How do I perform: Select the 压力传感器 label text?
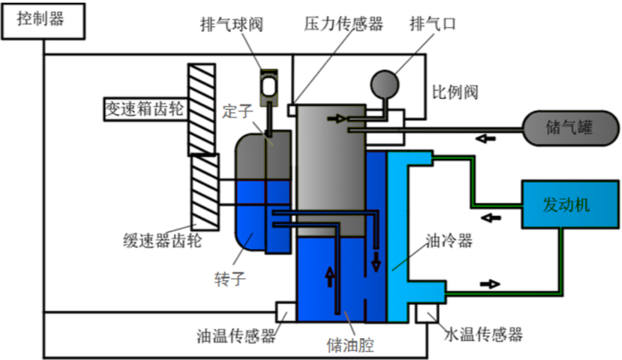tap(343, 25)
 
